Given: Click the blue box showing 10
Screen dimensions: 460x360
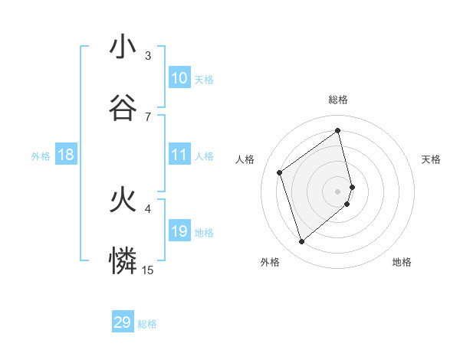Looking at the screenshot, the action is pos(179,78).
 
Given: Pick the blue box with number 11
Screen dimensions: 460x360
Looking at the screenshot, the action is pos(179,155).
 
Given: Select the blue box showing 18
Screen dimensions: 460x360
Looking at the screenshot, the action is pos(66,155).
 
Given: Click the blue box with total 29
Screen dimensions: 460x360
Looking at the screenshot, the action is pos(123,322).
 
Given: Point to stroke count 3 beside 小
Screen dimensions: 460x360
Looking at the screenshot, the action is pos(148,56).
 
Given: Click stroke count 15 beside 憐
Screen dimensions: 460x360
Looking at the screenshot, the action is pos(148,270).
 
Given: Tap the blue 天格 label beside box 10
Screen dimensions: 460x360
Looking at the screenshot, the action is pos(204,79).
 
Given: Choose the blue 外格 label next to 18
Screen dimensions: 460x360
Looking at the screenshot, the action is pos(41,156).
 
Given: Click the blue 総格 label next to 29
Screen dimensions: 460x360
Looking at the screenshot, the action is pos(147,324).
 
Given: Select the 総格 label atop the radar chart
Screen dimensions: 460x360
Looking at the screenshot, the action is pos(338,100).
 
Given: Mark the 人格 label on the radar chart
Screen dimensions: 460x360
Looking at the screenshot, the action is pos(245,159).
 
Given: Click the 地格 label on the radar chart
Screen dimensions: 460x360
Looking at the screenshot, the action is pos(402,262).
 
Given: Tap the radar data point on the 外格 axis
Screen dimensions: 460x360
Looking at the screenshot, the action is pos(301,242).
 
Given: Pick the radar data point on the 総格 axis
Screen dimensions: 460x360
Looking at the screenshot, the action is pos(338,131).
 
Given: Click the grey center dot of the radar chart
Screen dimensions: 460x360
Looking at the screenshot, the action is pos(338,190).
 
